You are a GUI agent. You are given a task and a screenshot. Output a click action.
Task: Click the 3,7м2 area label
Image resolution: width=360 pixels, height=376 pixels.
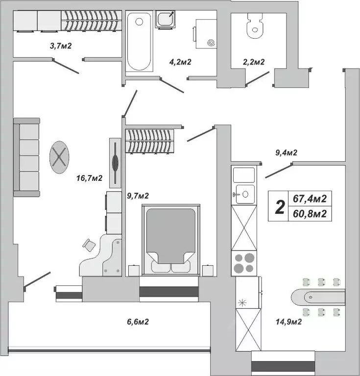coord(61,47)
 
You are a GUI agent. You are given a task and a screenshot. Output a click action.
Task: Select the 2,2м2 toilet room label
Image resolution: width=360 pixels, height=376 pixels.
coord(254,62)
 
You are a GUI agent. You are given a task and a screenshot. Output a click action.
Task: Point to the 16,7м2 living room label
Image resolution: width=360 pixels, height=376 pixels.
coord(89,178)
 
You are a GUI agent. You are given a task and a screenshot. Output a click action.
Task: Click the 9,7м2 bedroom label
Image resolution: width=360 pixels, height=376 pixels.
coord(138,196)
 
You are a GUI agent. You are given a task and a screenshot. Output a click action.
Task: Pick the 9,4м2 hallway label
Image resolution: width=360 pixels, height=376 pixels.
coord(287,153)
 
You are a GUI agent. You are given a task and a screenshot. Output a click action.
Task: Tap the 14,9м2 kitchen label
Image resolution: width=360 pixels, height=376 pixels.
coord(288,322)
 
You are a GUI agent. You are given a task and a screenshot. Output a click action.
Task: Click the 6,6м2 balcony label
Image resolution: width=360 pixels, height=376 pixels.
coord(138,322)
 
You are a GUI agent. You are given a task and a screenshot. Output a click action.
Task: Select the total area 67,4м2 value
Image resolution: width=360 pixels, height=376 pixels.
coord(310,199)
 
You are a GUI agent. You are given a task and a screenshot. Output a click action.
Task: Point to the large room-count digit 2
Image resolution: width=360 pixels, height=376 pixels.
coord(280,206)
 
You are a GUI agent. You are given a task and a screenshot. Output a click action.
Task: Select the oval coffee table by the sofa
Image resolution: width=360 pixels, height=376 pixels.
coord(59,157)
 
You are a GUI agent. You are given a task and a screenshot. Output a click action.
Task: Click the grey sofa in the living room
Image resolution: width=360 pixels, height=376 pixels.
coord(26,157)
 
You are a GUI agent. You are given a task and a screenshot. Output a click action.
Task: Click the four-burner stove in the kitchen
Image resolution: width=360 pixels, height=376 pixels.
coord(243,262)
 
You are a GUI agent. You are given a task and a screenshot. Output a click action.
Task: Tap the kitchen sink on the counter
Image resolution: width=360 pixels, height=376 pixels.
coord(244,194)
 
